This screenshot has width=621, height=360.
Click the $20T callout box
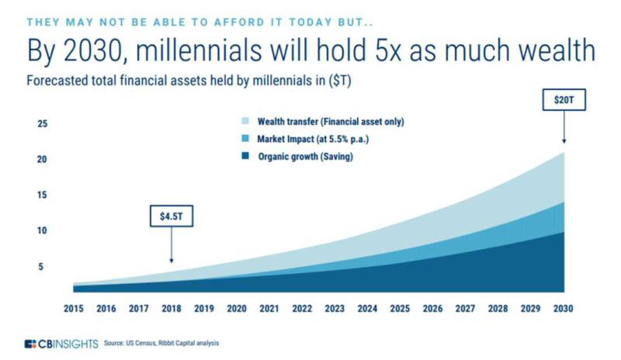coord(564,100)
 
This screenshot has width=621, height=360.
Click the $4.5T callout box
coord(171,216)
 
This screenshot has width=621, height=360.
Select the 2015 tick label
coord(74,308)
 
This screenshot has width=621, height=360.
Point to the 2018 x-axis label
coord(172,308)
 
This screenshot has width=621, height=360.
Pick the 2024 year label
coord(367,308)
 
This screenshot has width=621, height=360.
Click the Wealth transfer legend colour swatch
coord(245,122)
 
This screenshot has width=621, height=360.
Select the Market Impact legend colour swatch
coord(245,139)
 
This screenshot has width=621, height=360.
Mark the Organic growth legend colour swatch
coord(245,157)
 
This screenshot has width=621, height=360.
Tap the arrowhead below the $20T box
coord(564,141)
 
